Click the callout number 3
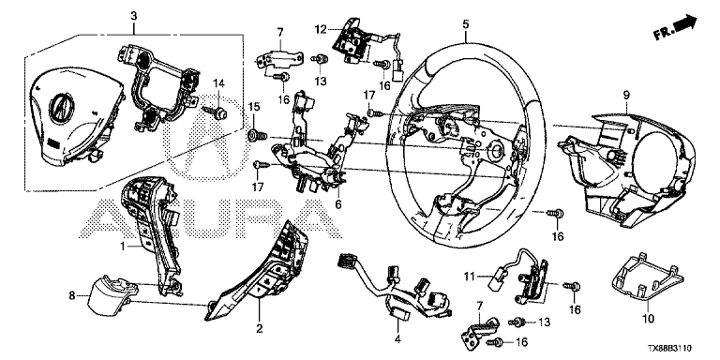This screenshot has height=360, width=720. point(134,16)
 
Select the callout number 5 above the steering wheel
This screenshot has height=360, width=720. point(466,24)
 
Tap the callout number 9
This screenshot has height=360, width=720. point(626,95)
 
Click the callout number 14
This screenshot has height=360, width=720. point(219,83)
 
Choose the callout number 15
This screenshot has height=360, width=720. point(254,107)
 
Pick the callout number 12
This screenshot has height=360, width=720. point(321,29)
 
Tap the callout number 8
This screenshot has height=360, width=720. point(71,296)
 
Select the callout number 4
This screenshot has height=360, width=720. point(397,339)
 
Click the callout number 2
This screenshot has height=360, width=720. point(259,328)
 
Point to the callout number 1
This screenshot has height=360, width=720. point(123,247)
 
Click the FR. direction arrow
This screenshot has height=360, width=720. point(675,27)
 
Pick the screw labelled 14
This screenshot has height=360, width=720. point(215,112)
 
